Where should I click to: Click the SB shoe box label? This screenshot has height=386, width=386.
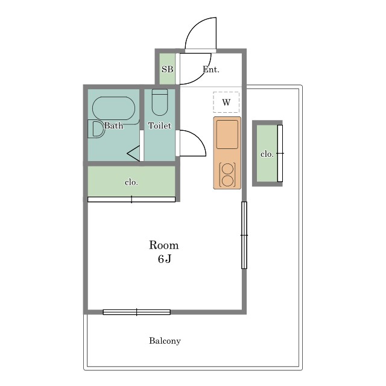(x=168, y=69)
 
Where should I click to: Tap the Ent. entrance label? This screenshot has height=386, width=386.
(x=211, y=69)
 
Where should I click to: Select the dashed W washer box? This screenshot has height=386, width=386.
(x=226, y=102)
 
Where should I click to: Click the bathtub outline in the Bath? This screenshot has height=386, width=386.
(x=114, y=109)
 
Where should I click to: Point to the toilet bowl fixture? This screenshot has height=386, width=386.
(x=160, y=102)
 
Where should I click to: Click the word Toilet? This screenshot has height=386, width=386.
(x=159, y=125)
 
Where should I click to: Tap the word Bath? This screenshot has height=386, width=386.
(x=114, y=125)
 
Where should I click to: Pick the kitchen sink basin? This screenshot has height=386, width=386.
(x=227, y=134)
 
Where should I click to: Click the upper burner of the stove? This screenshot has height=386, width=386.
(x=227, y=169)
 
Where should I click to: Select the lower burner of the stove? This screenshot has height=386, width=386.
(x=227, y=181)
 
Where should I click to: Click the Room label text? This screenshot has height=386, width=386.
(x=164, y=245)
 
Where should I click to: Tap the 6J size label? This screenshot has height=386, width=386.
(x=165, y=259)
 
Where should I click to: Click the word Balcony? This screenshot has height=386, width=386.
(x=165, y=341)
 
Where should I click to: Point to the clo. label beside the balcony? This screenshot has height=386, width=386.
(x=267, y=154)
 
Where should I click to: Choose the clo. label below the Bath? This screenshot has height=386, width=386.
(x=131, y=182)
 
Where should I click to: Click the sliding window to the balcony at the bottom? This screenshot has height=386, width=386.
(x=137, y=312)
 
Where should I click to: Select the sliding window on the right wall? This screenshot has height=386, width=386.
(x=244, y=235)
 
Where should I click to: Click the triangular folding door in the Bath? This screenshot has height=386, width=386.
(x=134, y=154)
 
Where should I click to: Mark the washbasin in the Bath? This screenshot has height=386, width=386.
(x=96, y=128)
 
